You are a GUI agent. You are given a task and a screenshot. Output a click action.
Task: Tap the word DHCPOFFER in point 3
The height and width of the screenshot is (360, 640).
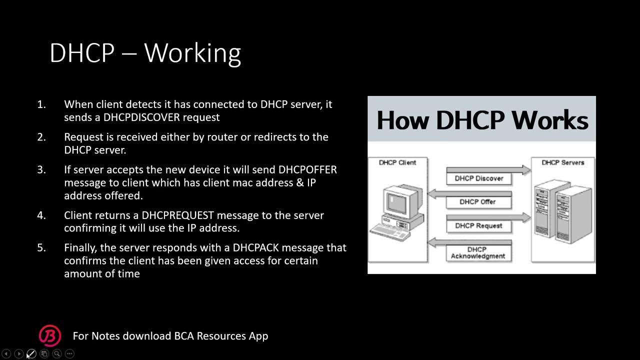click(307, 169)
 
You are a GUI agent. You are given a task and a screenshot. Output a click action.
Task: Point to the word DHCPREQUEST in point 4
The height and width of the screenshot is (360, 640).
click(177, 215)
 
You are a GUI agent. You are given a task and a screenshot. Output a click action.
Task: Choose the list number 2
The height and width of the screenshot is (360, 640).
click(41, 137)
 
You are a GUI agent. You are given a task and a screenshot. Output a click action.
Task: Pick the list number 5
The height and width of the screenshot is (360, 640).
click(41, 247)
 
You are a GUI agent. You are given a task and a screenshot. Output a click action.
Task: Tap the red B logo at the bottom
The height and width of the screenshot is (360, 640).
click(50, 336)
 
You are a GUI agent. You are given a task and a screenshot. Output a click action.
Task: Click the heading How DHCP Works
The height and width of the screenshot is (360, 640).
click(481, 120)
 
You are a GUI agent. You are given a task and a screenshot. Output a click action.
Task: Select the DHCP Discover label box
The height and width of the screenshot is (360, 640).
click(478, 178)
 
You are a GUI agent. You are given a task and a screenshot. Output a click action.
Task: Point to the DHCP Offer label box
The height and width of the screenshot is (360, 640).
click(477, 202)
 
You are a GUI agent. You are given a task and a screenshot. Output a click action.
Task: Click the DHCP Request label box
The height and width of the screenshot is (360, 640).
click(478, 226)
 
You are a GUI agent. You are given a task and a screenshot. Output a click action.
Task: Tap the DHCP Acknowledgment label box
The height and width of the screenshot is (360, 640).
click(477, 253)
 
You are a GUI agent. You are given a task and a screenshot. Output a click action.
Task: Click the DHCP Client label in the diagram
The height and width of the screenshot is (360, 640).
click(397, 162)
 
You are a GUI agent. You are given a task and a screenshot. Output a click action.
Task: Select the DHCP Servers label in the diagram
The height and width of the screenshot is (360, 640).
click(562, 162)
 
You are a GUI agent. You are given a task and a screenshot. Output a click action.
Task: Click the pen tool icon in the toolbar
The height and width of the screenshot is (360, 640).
click(31, 353)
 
